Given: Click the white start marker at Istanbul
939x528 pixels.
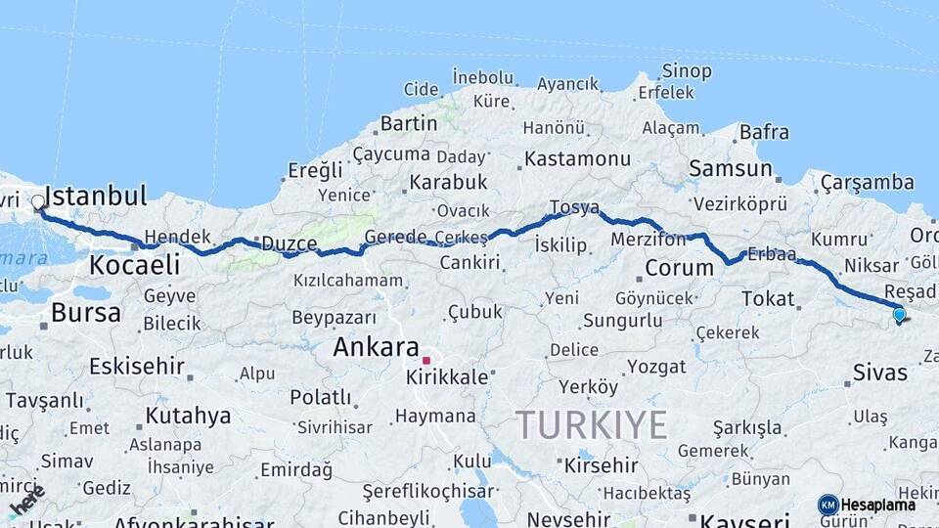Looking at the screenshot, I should point(38,202).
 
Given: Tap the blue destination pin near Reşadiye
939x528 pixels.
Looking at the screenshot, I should point(899,314).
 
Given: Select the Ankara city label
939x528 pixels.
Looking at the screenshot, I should point(376,347).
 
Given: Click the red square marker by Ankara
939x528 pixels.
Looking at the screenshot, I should point(426,361).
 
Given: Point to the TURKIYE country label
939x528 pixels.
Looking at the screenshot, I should point(592,425).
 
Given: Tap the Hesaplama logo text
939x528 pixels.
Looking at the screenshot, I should point(878,505).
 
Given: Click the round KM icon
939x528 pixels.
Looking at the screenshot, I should point(828,505).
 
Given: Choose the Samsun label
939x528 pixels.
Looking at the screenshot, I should point(730,168).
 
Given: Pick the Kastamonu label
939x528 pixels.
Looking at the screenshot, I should point(577,158).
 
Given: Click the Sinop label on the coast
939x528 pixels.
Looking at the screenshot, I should point(687,70).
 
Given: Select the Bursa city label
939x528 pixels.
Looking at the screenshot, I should point(86,313).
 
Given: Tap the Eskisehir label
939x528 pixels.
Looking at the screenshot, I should point(136,367).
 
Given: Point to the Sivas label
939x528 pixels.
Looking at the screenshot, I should point(880,373).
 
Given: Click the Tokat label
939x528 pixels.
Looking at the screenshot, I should point(768,298).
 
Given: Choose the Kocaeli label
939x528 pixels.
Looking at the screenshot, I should point(135,265).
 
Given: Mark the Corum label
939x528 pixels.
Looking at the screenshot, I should point(679,267).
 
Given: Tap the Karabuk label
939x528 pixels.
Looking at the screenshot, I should point(448,182).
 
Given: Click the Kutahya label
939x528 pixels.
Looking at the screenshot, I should point(188,416).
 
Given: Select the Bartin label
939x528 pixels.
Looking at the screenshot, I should point(409,123).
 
